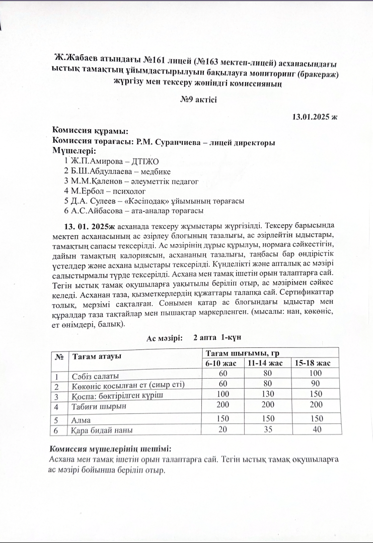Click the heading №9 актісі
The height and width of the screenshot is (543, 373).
tap(198, 100)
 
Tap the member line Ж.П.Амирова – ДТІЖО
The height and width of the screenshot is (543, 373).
tap(111, 161)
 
